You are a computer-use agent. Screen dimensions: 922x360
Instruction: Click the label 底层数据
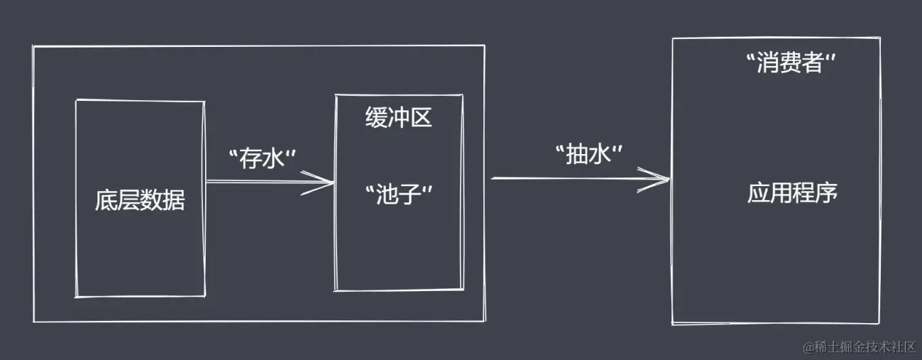click(140, 201)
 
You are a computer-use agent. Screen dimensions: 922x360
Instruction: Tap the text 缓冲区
click(398, 117)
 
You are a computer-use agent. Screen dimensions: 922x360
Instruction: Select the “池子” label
click(399, 195)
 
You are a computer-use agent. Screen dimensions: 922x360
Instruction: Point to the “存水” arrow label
click(262, 158)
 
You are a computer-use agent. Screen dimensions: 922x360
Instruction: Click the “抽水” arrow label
click(589, 155)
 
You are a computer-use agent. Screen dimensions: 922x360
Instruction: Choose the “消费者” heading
click(791, 63)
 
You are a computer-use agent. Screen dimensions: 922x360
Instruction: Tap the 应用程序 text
click(792, 192)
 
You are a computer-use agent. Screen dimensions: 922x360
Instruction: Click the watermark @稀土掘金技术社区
click(859, 347)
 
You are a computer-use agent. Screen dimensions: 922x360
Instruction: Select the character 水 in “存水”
click(273, 158)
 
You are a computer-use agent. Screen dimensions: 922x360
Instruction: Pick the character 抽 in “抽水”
click(577, 155)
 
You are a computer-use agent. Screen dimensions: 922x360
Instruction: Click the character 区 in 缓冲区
click(421, 118)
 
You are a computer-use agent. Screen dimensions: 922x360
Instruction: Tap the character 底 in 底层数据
click(106, 201)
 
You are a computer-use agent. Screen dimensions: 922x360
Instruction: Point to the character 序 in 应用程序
click(826, 192)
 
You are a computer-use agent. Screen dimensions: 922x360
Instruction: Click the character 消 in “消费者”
click(768, 63)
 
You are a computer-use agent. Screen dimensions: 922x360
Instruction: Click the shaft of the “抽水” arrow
click(580, 178)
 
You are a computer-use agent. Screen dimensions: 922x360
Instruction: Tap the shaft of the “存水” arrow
click(270, 181)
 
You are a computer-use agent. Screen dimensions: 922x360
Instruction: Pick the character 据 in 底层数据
click(174, 201)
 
